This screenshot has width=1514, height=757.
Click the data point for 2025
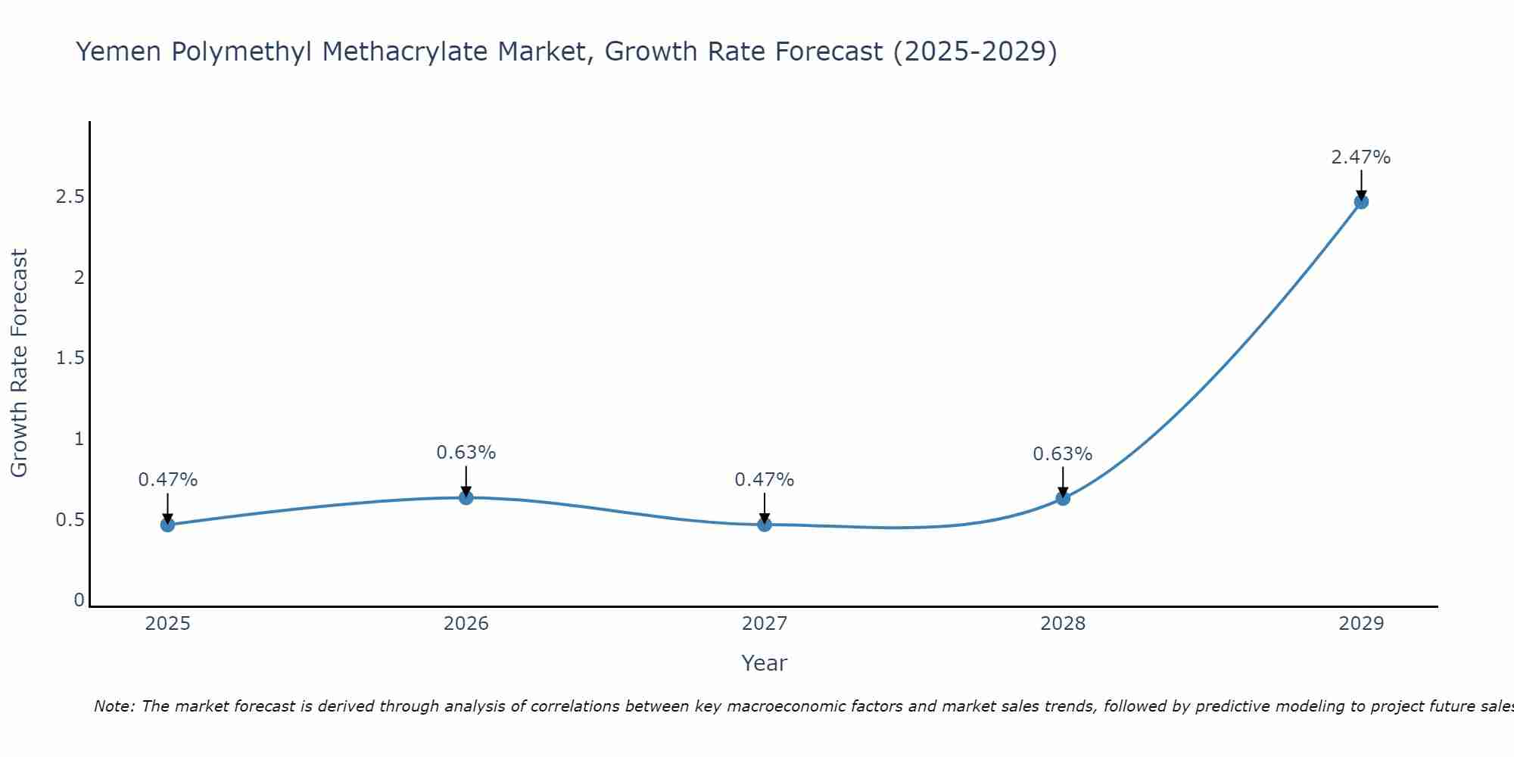(167, 525)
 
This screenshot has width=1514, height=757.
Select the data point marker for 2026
(466, 497)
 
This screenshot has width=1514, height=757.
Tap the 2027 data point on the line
(765, 524)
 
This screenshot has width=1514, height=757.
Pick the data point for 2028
(1063, 498)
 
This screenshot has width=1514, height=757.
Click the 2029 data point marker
(1361, 201)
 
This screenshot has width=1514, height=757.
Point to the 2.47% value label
(1360, 157)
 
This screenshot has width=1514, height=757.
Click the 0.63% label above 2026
(466, 453)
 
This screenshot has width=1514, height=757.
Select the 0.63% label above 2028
(1062, 454)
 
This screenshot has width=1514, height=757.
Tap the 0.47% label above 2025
(167, 480)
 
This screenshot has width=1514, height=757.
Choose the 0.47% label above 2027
(764, 480)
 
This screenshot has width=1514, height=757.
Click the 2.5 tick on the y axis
(70, 197)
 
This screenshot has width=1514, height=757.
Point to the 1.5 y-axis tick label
(70, 358)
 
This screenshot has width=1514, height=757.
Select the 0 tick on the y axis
(79, 600)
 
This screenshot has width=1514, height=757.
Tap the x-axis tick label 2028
(1062, 624)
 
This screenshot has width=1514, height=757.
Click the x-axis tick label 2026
(466, 624)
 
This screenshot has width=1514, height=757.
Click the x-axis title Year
(764, 663)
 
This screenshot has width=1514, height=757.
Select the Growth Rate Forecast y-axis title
(19, 363)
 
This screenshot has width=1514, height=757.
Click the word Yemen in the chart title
(119, 52)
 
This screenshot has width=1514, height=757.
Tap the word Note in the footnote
(114, 706)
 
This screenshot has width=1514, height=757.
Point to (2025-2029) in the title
(975, 52)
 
